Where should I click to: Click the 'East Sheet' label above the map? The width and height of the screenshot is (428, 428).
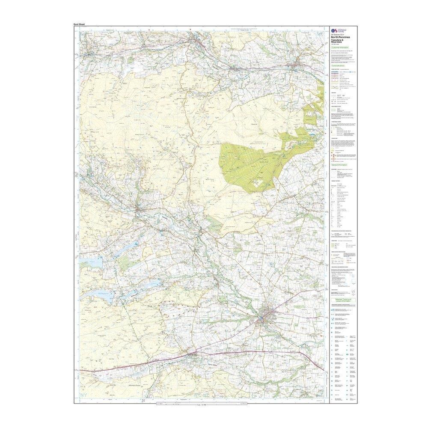tap(80, 24)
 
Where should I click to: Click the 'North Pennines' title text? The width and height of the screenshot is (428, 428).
tap(341, 38)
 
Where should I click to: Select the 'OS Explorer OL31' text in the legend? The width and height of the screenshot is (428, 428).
tap(338, 35)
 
